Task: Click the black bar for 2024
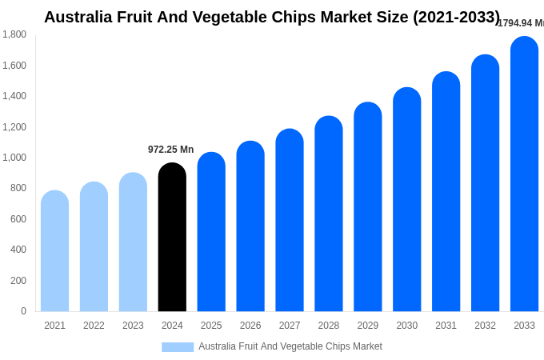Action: pos(172,238)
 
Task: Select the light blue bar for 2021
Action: pos(54,251)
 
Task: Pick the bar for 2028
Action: pos(329,214)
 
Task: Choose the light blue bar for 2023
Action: pos(133,242)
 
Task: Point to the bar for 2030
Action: pos(406,200)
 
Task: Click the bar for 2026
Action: pos(250,226)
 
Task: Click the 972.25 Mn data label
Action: pos(170,150)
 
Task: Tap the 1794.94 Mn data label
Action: pos(521,23)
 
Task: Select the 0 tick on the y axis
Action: pos(23,311)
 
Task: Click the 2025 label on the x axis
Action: pos(211,326)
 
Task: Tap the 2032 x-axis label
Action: pos(485,326)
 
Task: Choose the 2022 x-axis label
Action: pos(94,326)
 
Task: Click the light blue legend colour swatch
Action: pos(178,347)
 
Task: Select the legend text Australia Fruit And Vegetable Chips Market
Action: pos(290,346)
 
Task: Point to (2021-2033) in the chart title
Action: pos(456,17)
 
